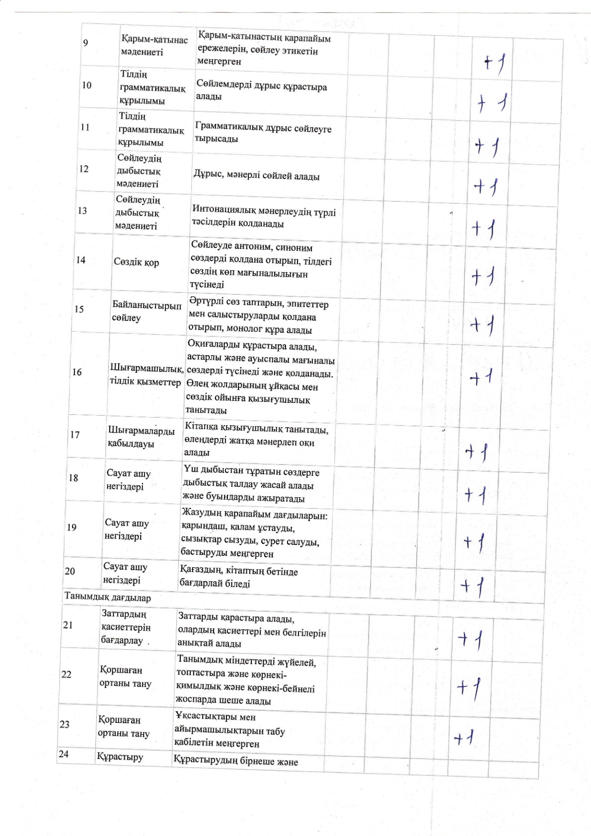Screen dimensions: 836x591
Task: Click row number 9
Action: tap(85, 43)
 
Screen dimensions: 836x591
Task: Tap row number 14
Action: tap(80, 260)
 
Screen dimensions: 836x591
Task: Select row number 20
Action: tap(70, 571)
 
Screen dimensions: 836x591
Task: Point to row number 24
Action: tap(64, 754)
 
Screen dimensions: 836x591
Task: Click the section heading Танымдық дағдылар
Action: tap(107, 598)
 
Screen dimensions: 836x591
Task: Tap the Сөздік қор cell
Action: tap(136, 262)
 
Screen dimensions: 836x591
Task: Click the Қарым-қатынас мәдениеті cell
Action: tap(154, 46)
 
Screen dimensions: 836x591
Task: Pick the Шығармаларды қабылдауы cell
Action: tap(141, 437)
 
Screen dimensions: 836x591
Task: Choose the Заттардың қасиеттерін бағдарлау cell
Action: tap(126, 627)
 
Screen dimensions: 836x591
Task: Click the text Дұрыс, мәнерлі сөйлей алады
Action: tap(256, 176)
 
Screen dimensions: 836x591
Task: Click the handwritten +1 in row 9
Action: tap(495, 63)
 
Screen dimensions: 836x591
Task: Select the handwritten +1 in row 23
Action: tap(464, 738)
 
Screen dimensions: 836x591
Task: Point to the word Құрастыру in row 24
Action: tap(120, 757)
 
